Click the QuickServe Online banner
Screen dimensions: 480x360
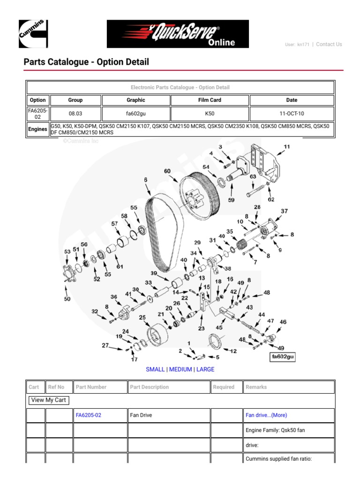178,34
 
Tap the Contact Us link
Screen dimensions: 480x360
329,45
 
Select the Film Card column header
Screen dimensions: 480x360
210,100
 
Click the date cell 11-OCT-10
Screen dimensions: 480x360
292,113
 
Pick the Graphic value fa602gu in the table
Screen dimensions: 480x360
135,113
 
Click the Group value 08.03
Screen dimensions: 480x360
75,113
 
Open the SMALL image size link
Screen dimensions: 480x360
155,369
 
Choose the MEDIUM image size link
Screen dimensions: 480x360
180,369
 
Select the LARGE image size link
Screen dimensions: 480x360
205,369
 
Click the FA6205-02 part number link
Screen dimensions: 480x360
89,415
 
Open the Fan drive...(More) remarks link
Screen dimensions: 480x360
266,415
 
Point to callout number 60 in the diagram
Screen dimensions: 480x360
167,172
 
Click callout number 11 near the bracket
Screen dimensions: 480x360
287,146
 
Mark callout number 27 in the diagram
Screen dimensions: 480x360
105,346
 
